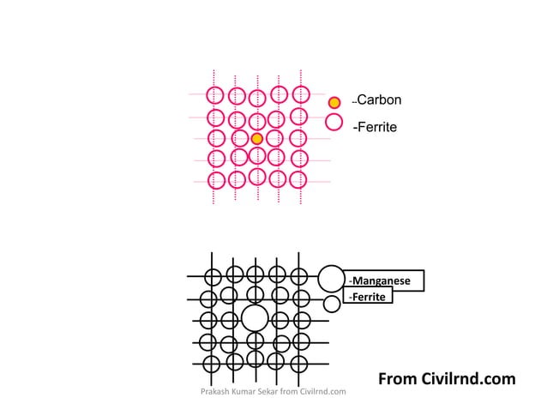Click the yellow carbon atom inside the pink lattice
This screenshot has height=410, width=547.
[256, 139]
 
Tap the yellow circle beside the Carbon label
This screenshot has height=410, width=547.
[334, 103]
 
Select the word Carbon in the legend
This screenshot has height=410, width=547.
[379, 99]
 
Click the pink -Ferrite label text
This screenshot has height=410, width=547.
[375, 127]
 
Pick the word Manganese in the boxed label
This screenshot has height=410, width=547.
[382, 280]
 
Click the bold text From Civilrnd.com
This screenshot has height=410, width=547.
[447, 379]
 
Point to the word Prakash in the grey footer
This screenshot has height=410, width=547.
[212, 391]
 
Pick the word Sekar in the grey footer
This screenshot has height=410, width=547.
[268, 391]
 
